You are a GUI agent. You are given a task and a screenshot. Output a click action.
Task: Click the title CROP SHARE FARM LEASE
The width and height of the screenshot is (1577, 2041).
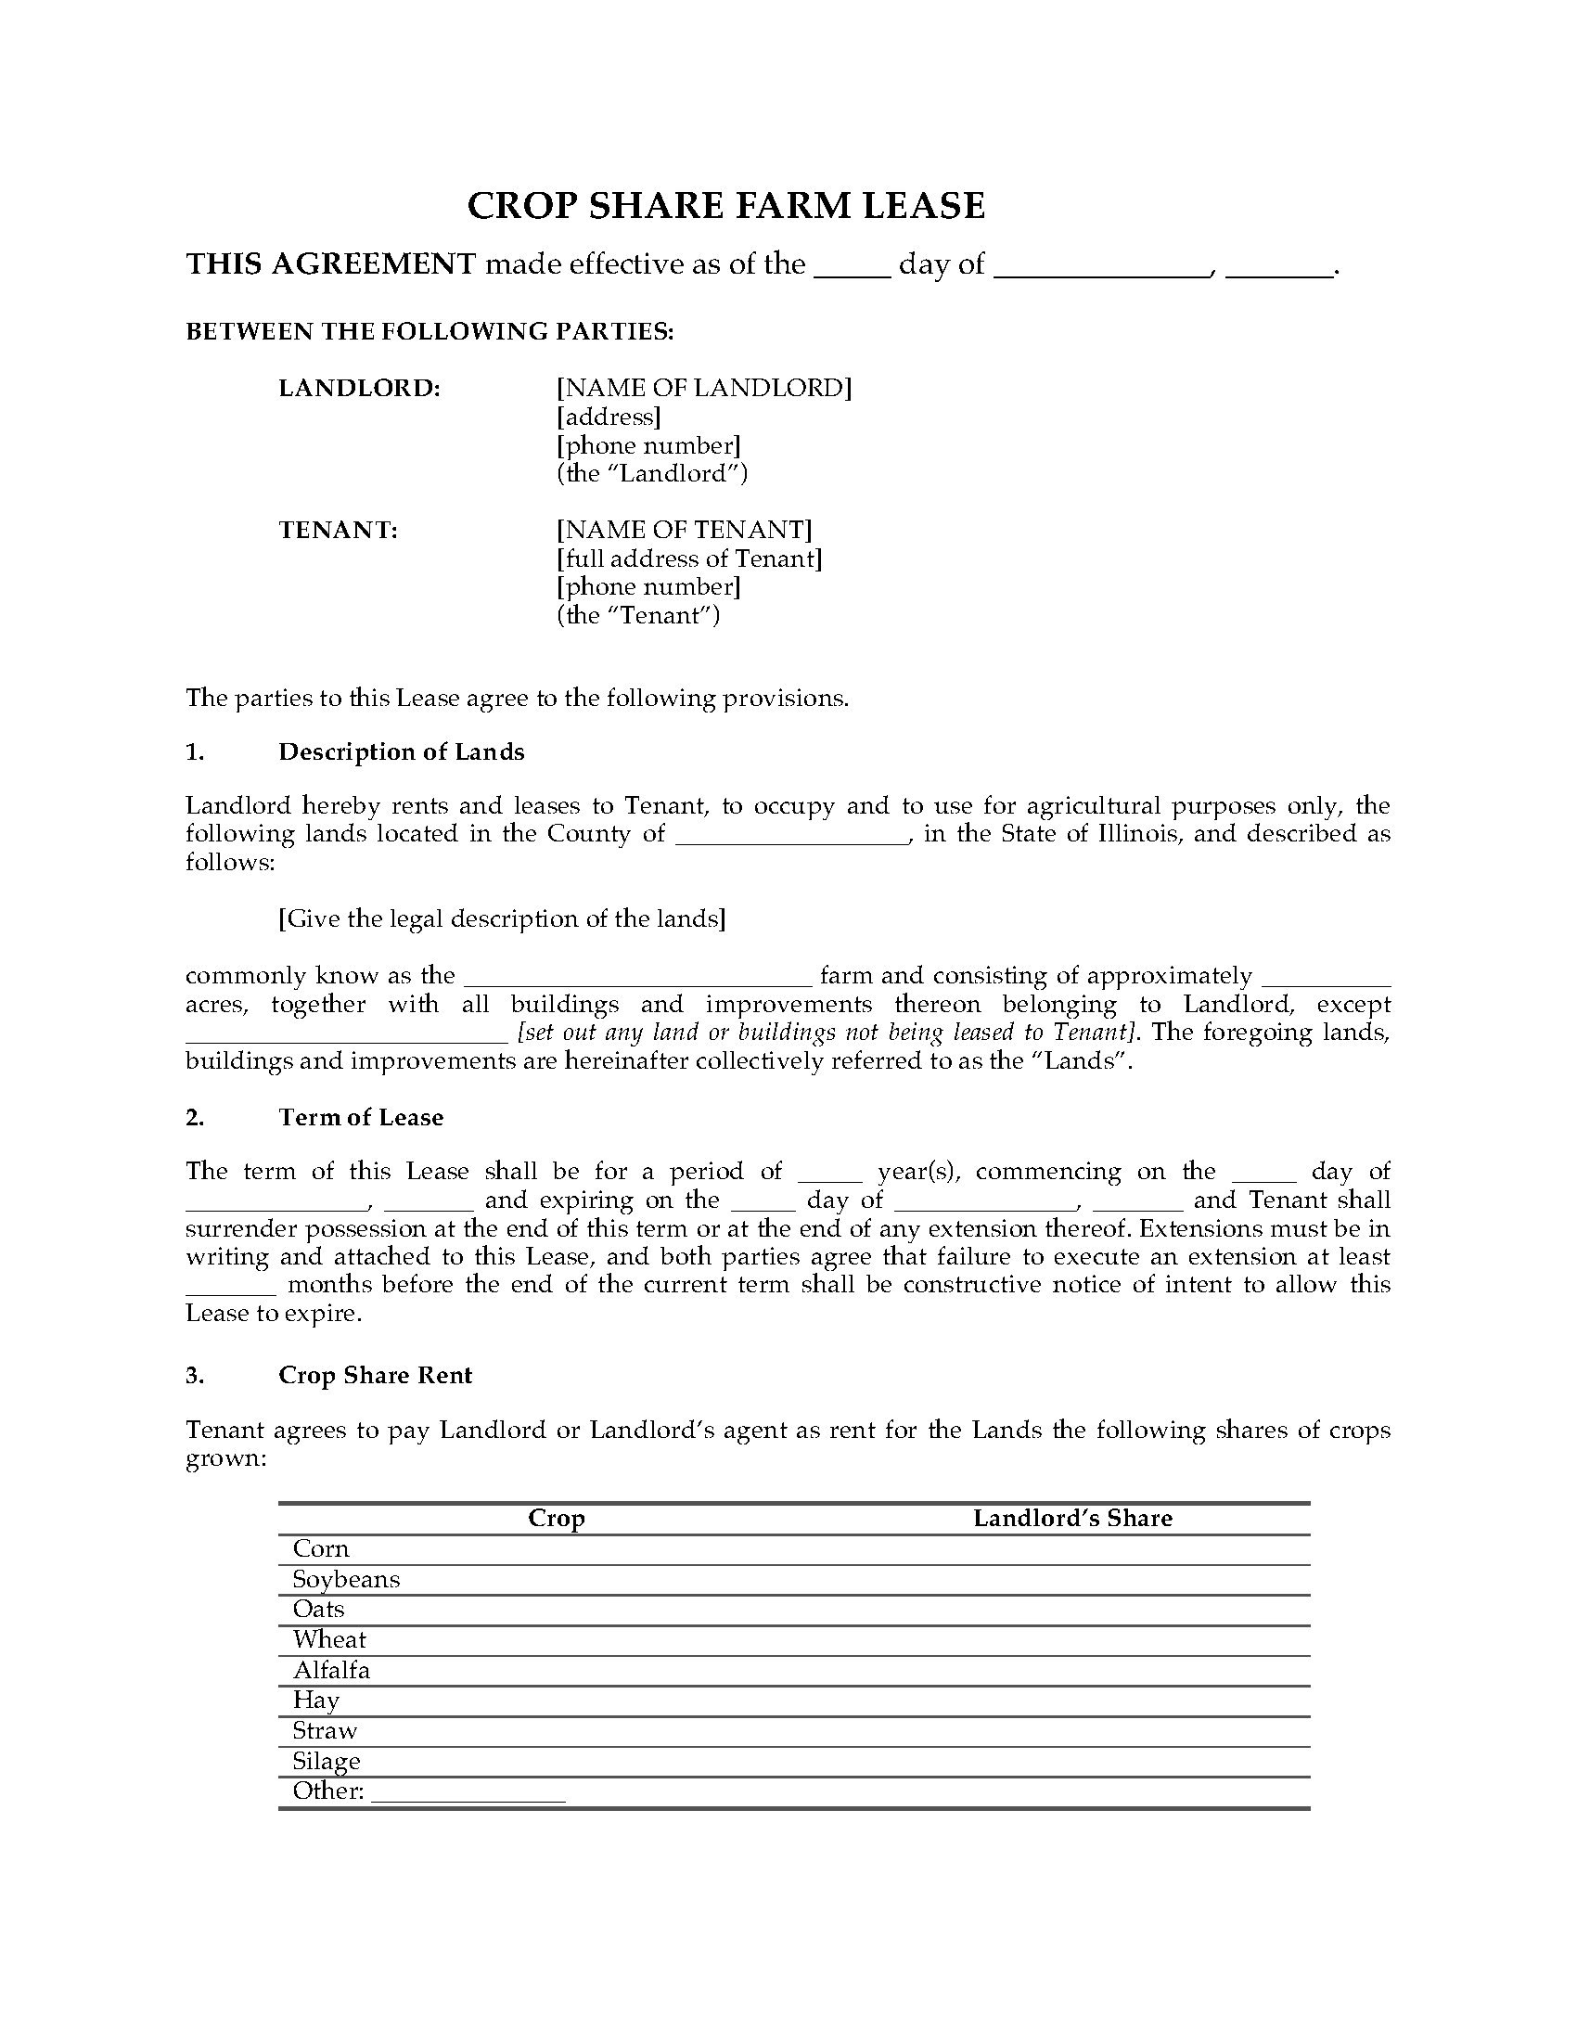point(726,206)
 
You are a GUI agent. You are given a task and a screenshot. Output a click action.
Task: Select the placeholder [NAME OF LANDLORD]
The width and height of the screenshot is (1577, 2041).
point(704,388)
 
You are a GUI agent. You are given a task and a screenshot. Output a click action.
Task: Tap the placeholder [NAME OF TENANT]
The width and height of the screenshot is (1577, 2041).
point(685,530)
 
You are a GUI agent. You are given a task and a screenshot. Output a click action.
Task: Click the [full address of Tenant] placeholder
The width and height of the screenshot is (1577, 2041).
point(689,558)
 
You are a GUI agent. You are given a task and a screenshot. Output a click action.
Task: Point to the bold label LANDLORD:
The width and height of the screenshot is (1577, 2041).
point(360,388)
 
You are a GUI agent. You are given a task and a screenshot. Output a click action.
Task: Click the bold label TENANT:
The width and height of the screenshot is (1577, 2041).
point(339,530)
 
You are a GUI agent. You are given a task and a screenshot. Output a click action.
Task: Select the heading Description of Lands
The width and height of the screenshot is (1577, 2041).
point(401,752)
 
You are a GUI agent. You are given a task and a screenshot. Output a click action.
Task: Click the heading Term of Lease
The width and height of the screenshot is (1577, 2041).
point(361,1118)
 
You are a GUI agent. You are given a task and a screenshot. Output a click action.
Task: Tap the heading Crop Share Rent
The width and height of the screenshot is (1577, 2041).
point(375,1376)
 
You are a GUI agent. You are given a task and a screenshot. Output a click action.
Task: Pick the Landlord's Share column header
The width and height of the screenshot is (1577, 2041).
point(1072,1519)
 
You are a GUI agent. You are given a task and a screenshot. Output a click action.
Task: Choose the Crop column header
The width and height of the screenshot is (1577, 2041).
point(557,1519)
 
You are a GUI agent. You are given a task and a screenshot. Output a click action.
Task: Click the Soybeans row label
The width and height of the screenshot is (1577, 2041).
point(346,1579)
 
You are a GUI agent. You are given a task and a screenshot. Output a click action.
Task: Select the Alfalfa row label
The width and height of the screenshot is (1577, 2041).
point(332,1670)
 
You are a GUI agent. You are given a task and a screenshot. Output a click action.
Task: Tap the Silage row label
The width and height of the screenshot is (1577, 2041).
point(326,1761)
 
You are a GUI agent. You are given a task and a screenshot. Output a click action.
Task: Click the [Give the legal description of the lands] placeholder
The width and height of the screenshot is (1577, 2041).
point(503,919)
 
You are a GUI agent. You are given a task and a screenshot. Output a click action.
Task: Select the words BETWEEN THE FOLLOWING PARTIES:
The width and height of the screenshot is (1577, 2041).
point(430,332)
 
